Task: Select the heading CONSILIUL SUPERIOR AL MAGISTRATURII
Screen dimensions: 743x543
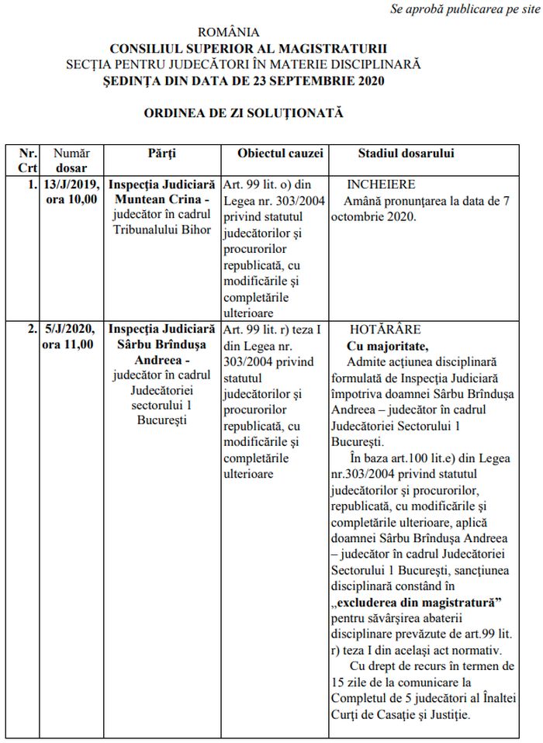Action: point(248,49)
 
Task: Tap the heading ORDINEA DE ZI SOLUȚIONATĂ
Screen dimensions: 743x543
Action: point(243,113)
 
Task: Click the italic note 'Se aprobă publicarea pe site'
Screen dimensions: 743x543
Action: point(465,9)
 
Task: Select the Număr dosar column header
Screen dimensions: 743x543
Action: point(71,160)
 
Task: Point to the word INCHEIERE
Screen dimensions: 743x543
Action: point(382,185)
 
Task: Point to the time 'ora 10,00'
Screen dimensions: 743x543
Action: point(71,199)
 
